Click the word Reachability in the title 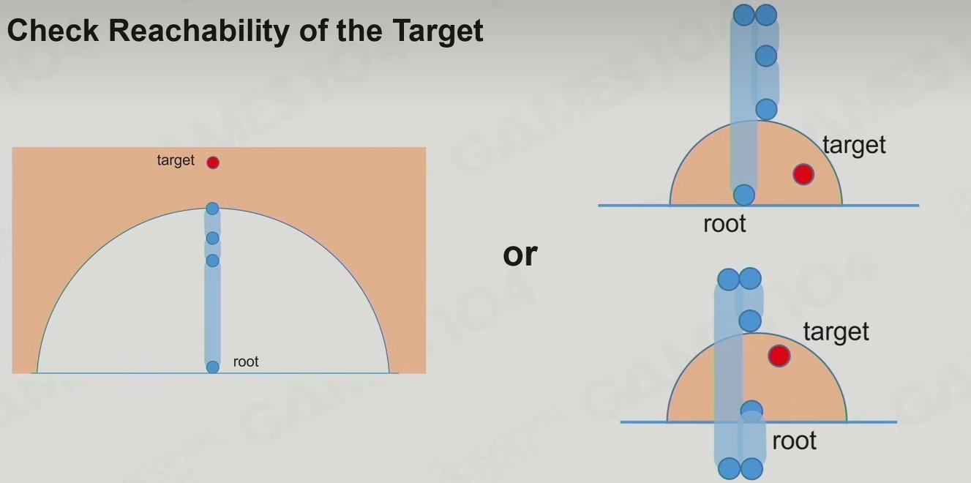pyautogui.click(x=199, y=31)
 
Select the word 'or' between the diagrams pyautogui.click(x=520, y=255)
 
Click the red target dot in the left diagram pyautogui.click(x=213, y=162)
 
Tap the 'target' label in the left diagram pyautogui.click(x=176, y=160)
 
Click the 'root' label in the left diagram pyautogui.click(x=246, y=362)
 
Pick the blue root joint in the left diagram pyautogui.click(x=212, y=367)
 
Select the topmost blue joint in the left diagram pyautogui.click(x=212, y=209)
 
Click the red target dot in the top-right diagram pyautogui.click(x=803, y=174)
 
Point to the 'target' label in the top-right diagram pyautogui.click(x=854, y=145)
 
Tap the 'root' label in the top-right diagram pyautogui.click(x=725, y=224)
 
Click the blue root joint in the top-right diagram pyautogui.click(x=744, y=195)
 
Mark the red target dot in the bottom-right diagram pyautogui.click(x=779, y=356)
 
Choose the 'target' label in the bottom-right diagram pyautogui.click(x=836, y=332)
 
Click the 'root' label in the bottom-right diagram pyautogui.click(x=795, y=441)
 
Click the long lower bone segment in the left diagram pyautogui.click(x=212, y=313)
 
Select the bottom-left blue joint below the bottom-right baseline pyautogui.click(x=729, y=468)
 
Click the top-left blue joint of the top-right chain pyautogui.click(x=744, y=15)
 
